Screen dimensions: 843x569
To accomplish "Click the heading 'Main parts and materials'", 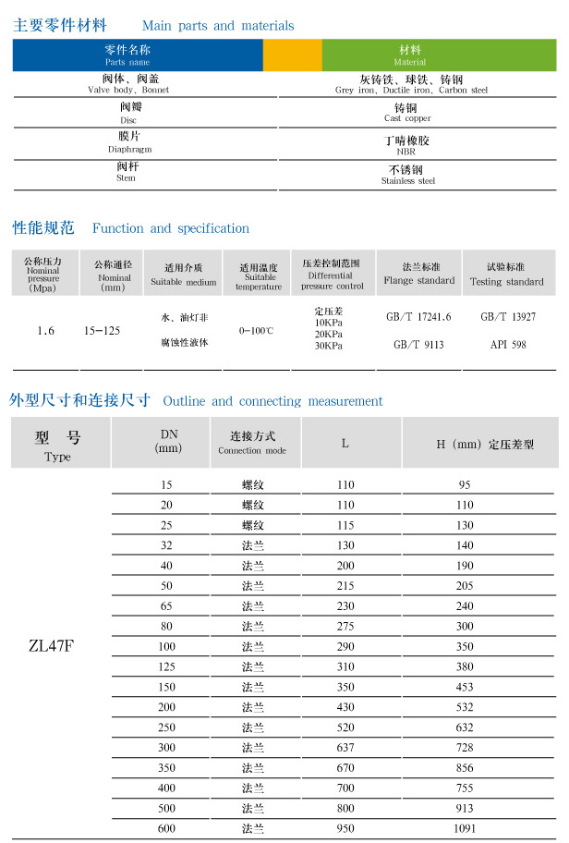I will click(218, 26).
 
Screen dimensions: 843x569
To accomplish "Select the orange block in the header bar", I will click(292, 55).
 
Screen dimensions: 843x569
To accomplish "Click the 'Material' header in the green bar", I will click(410, 62).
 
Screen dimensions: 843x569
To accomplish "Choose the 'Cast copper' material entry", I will click(407, 118).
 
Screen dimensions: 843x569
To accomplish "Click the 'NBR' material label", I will click(406, 152).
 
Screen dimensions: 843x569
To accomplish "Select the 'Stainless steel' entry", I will click(407, 181).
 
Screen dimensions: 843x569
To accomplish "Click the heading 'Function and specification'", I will click(171, 228).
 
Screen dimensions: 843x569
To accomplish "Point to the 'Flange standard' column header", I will click(418, 280).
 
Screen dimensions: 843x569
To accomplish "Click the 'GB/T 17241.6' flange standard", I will click(418, 317).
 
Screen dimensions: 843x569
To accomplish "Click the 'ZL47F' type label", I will click(51, 645).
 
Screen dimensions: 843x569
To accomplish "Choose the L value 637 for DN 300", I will click(345, 747).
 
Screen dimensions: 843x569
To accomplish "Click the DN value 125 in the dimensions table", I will click(167, 666).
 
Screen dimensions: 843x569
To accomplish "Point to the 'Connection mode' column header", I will click(252, 450).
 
